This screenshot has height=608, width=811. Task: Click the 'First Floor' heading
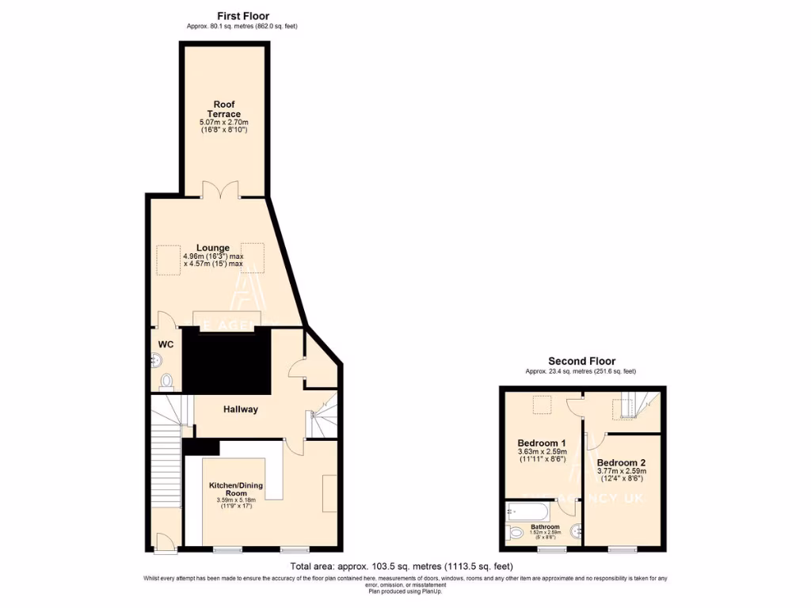[x=242, y=16]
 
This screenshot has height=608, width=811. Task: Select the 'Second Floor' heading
[x=581, y=361]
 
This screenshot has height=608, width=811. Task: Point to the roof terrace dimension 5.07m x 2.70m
[x=224, y=123]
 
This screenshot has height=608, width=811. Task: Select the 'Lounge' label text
[x=213, y=248]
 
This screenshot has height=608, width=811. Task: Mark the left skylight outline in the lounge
[x=168, y=260]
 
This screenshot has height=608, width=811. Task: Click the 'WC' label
[x=166, y=344]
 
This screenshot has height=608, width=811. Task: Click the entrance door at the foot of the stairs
[x=165, y=541]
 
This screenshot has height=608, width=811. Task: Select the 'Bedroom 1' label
[x=542, y=443]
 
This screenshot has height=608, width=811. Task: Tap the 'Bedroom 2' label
[x=622, y=462]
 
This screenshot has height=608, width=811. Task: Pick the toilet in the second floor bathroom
[x=516, y=534]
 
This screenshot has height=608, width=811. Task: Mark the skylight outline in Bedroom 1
[x=542, y=405]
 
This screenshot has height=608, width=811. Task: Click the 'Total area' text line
[x=402, y=567]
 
